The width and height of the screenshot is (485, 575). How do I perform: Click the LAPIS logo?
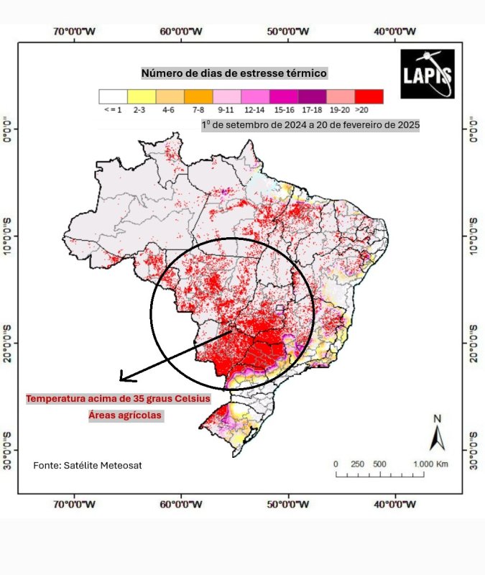click(427, 73)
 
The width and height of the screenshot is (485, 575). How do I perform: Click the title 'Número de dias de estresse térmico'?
click(234, 73)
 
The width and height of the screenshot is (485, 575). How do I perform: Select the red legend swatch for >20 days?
click(369, 96)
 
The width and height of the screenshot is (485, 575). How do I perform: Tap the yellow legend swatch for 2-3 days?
click(141, 96)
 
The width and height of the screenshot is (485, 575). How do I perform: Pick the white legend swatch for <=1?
click(113, 96)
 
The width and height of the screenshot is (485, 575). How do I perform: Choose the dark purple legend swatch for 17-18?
click(312, 96)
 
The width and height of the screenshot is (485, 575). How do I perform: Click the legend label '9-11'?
click(226, 110)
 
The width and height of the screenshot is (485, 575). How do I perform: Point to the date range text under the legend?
click(310, 124)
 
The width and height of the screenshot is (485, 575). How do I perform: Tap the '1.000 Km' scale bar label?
click(430, 464)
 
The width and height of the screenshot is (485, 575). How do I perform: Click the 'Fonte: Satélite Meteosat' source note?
click(88, 466)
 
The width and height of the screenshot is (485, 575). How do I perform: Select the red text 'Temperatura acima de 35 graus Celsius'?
click(119, 399)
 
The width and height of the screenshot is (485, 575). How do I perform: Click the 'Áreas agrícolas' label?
click(126, 415)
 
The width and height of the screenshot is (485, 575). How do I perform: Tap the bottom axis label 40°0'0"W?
click(395, 504)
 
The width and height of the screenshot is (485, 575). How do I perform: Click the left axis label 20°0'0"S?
click(8, 343)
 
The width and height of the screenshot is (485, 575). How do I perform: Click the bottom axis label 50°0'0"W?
click(288, 504)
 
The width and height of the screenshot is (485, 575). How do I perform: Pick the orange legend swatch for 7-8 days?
click(198, 96)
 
